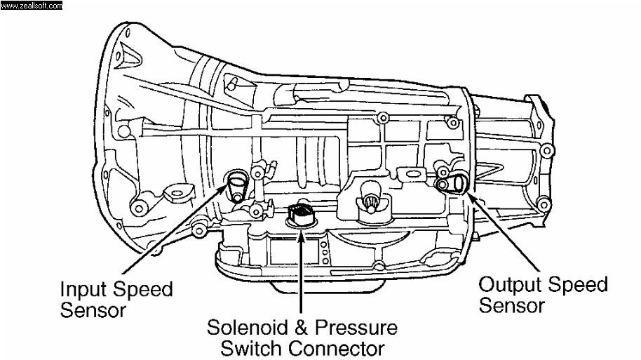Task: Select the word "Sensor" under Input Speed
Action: (93, 309)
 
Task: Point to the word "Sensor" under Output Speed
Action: (511, 305)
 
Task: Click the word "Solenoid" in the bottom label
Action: (249, 328)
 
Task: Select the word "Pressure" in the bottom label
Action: (357, 328)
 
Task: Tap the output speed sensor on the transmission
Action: (452, 184)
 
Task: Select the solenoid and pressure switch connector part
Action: (302, 213)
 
